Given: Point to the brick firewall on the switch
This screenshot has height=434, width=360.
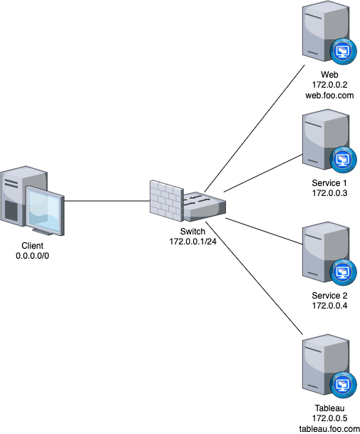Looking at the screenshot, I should (x=165, y=199).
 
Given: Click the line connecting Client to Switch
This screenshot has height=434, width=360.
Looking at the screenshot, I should (x=107, y=201).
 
